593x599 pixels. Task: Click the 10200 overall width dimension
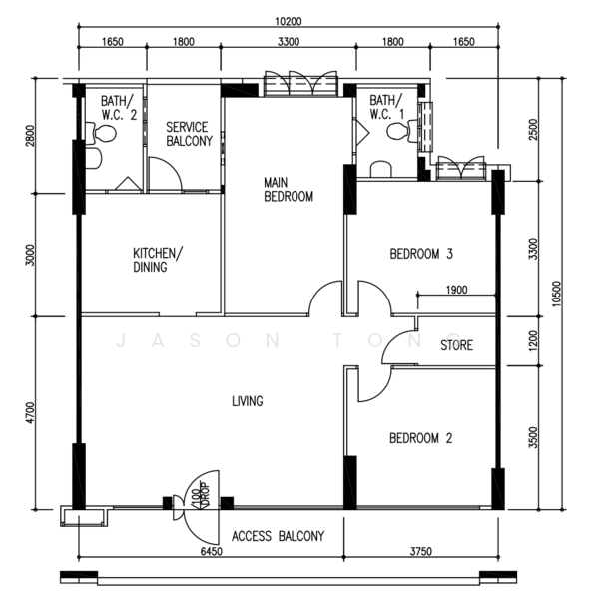(x=289, y=21)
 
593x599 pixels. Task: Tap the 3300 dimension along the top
(x=289, y=41)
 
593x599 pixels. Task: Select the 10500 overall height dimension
(x=556, y=294)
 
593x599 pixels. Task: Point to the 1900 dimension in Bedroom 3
(x=456, y=290)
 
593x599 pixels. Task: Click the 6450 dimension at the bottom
(x=212, y=551)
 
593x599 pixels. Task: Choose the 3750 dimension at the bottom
(x=421, y=551)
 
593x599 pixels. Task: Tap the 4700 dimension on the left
(x=31, y=412)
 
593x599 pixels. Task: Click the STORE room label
(x=456, y=345)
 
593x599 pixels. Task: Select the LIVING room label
(x=248, y=401)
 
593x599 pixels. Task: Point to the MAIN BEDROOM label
(x=289, y=189)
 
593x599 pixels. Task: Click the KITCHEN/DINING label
(x=158, y=260)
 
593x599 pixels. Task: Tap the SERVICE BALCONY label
(x=189, y=134)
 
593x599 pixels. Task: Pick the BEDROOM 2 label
(x=420, y=438)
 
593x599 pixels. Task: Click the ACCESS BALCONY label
(x=278, y=536)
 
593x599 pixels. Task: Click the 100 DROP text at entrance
(x=202, y=495)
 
